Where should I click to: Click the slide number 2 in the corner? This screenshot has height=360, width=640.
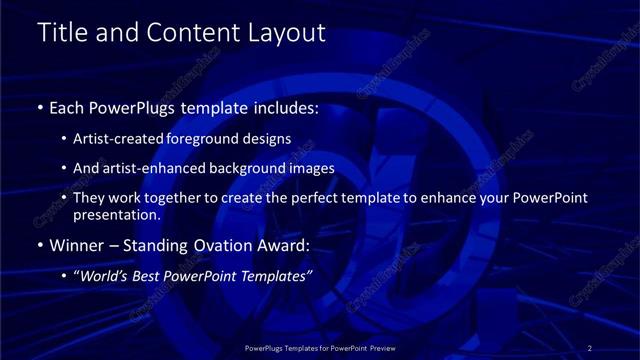[592, 346]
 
